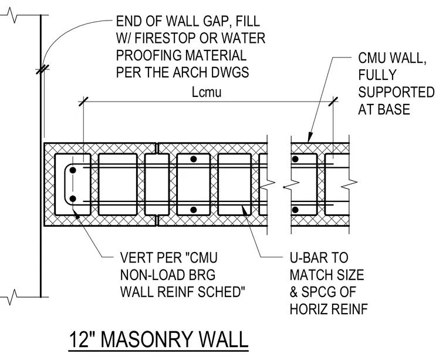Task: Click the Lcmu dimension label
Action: point(207,92)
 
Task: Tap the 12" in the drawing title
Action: point(82,339)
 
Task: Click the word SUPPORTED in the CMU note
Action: point(396,92)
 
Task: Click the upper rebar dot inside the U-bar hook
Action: point(73,170)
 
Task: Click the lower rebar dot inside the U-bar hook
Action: point(73,198)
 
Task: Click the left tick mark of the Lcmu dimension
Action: point(83,102)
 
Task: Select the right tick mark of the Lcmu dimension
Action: point(333,102)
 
